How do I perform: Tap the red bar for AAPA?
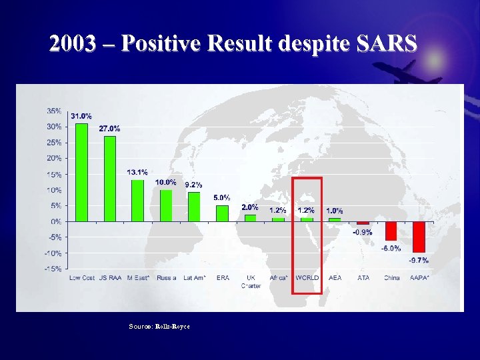click(419, 236)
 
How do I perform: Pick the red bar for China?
click(391, 231)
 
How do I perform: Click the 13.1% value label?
click(137, 172)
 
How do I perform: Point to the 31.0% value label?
click(81, 116)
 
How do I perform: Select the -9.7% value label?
click(419, 261)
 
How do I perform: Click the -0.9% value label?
click(362, 233)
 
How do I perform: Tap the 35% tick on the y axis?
click(54, 111)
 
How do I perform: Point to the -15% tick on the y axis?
click(53, 269)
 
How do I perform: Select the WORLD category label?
click(307, 278)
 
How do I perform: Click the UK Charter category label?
click(251, 281)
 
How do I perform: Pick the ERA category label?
click(222, 278)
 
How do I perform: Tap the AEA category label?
click(335, 278)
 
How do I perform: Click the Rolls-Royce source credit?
click(173, 326)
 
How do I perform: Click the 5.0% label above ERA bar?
click(222, 197)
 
